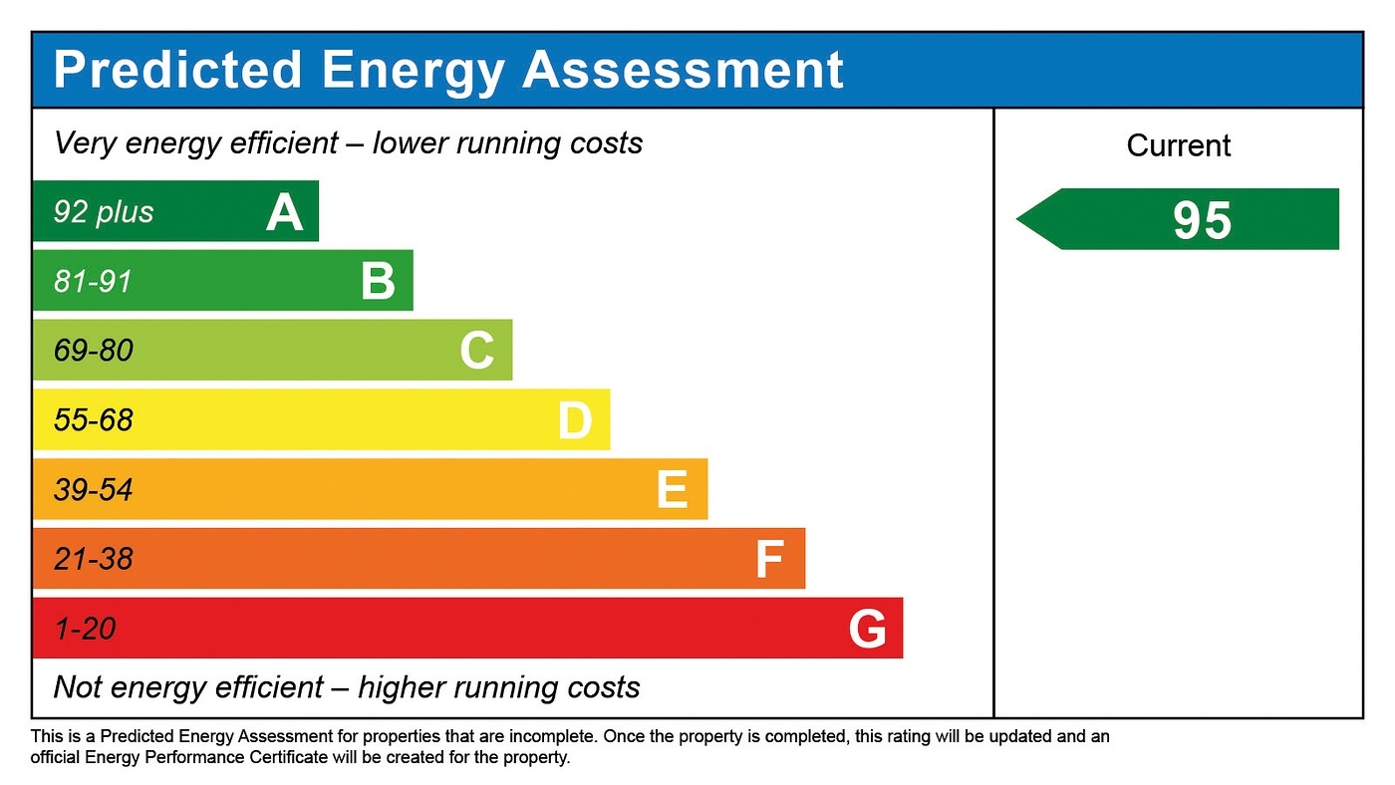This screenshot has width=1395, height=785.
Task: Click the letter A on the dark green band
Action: tap(284, 212)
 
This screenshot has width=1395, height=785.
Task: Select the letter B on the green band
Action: tap(378, 282)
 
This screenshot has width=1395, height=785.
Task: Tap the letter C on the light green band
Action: tap(476, 352)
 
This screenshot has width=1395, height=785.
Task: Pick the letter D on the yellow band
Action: tap(575, 421)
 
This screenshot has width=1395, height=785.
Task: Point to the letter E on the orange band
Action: tap(672, 490)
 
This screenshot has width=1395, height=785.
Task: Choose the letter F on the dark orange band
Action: tap(768, 560)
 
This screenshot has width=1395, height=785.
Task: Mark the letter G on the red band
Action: tap(867, 630)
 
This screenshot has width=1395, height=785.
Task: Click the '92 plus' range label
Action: tap(104, 212)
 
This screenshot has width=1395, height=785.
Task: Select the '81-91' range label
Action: tap(93, 282)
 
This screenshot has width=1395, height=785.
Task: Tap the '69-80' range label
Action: tap(93, 352)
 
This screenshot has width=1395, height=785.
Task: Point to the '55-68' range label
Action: tap(93, 420)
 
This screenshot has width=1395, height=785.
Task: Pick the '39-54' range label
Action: tap(93, 490)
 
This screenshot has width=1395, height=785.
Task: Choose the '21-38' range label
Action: tap(93, 560)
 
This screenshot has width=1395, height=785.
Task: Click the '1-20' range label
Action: tap(85, 630)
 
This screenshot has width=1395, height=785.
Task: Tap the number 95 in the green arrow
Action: tap(1202, 220)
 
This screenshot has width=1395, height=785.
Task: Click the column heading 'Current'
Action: tap(1179, 146)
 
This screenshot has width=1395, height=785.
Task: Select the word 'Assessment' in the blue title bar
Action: tap(683, 70)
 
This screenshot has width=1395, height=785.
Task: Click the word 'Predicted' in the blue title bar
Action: tap(177, 70)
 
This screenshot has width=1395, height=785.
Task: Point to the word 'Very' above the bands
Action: tap(84, 143)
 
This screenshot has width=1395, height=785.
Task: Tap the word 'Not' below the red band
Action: tap(79, 687)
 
